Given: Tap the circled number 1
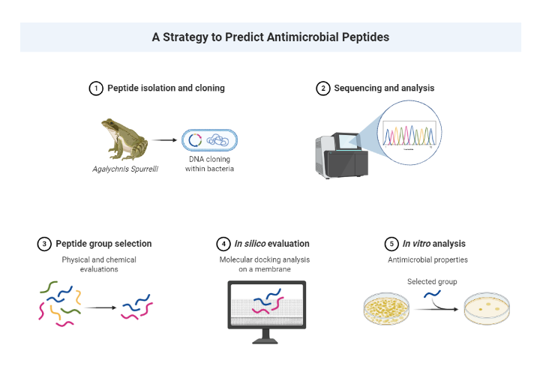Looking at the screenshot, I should click(x=95, y=88).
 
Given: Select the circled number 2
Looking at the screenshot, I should click(x=323, y=88).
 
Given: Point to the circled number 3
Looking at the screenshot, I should click(x=44, y=244).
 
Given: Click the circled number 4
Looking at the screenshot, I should click(x=223, y=244).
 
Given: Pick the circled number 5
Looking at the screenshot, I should click(x=391, y=244).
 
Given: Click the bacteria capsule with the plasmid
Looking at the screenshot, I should click(x=209, y=139).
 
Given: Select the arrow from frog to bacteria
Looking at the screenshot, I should click(x=163, y=139).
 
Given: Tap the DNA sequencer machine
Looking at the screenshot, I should click(x=343, y=155).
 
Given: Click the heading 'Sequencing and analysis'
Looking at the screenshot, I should click(x=384, y=88).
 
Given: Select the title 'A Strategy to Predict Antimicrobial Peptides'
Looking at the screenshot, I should click(x=270, y=36).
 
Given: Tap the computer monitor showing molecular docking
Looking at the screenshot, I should click(x=266, y=309).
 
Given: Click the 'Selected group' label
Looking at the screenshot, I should click(x=431, y=282).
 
